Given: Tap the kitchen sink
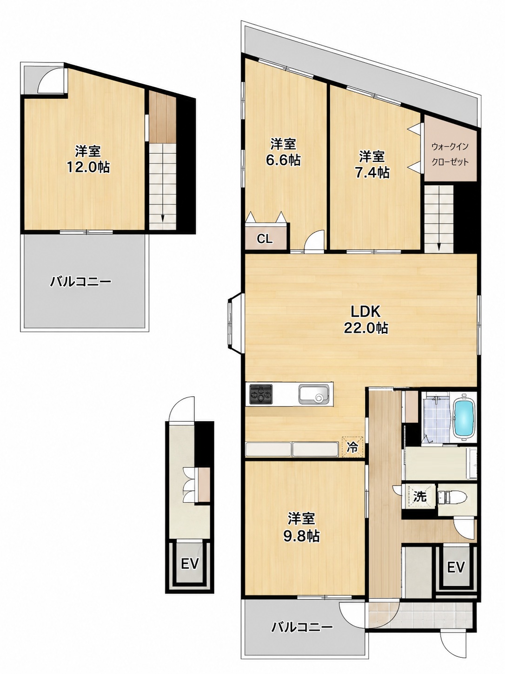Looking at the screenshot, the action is (x=314, y=394).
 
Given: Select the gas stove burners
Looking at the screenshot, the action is (x=261, y=394).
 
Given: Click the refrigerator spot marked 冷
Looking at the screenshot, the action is (x=352, y=447).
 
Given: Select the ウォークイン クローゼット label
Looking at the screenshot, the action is (x=450, y=154).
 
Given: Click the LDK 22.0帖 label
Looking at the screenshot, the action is (x=365, y=320).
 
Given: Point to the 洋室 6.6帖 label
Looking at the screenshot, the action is (x=283, y=152).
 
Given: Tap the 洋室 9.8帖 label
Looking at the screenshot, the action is (x=301, y=527).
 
